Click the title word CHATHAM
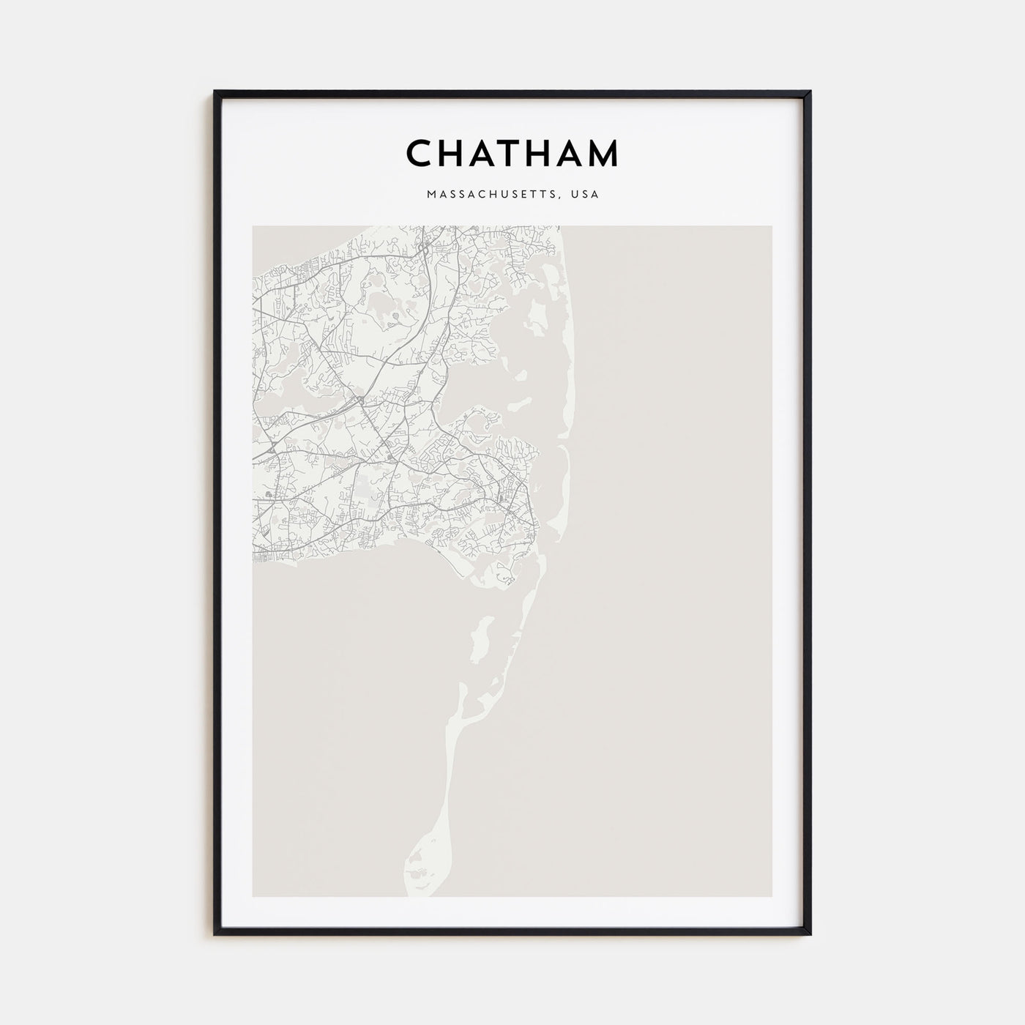[x=512, y=153]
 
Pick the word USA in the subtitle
[x=586, y=195]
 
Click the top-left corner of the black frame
[x=215, y=92]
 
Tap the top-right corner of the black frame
[x=810, y=92]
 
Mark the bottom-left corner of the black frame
[x=215, y=934]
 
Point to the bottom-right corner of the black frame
[x=810, y=934]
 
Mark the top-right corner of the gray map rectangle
[x=771, y=226]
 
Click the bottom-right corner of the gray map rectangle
[x=771, y=896]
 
